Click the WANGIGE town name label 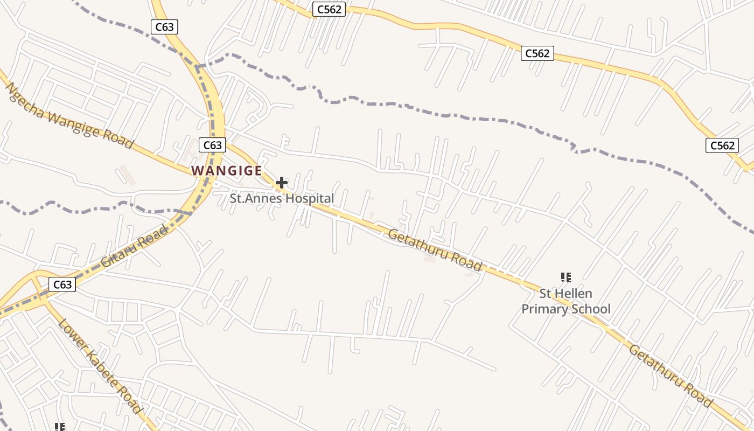coord(227,171)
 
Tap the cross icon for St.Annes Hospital coord(282,183)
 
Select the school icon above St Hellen coord(565,277)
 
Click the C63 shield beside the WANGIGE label coord(212,145)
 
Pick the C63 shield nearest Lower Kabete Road coord(62,284)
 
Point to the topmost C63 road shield coord(164,27)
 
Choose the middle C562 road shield coord(537,53)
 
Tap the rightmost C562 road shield coord(722,145)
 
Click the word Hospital coord(310,198)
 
